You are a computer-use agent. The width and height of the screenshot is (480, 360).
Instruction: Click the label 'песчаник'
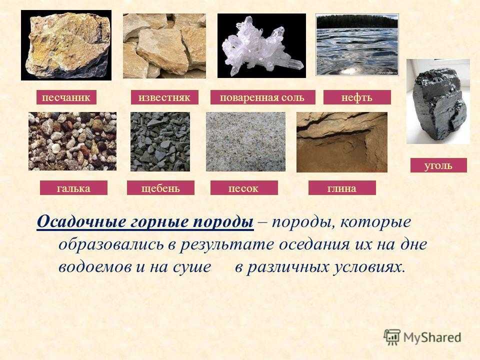click(66, 97)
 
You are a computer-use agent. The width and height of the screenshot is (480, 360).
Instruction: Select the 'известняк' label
click(164, 97)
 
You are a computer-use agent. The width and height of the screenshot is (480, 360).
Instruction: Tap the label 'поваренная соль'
click(262, 97)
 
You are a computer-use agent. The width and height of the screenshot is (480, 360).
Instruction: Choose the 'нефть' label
click(357, 97)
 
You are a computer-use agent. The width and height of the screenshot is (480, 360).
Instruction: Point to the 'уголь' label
click(438, 165)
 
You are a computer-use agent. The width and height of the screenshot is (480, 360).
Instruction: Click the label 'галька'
click(73, 187)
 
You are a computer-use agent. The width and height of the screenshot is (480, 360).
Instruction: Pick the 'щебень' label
click(160, 187)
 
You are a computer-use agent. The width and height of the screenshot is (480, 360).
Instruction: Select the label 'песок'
click(244, 187)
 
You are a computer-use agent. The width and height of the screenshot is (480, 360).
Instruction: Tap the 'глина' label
click(342, 187)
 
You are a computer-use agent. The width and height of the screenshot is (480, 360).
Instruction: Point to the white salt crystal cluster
click(261, 46)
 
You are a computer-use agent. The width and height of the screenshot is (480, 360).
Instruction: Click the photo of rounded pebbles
click(72, 141)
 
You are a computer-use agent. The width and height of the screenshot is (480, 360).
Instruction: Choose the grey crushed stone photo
click(160, 141)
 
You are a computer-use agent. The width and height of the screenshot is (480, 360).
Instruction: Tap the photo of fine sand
click(245, 141)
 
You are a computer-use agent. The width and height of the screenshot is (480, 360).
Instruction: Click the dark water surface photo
click(357, 44)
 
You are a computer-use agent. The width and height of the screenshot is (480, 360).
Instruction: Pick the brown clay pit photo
click(342, 142)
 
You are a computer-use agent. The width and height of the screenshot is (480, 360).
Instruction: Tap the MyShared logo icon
click(392, 337)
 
